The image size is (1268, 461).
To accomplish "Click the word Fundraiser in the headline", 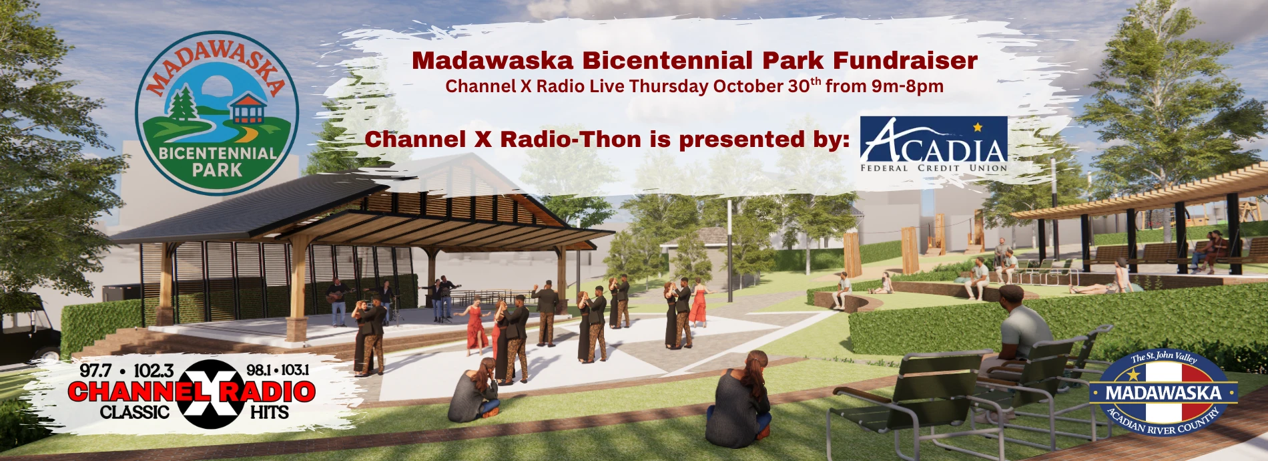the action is coord(905,61).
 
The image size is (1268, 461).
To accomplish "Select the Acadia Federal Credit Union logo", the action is coord(934,144).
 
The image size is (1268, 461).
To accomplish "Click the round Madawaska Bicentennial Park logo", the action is coord(217,113).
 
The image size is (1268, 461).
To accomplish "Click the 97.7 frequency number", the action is coord(95,370).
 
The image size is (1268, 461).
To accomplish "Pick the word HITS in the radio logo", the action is coord(270,412).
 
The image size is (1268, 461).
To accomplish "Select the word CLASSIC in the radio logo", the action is coord(135,412).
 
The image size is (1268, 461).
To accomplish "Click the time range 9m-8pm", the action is coord(908,86).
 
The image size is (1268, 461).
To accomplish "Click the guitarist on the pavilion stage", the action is coord(338,301).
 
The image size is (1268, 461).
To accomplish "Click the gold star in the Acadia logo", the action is coord(978,126).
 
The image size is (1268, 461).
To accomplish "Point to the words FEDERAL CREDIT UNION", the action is coord(934,168).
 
